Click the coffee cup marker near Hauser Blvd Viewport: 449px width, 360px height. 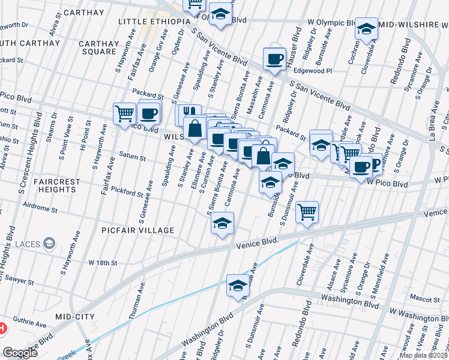(x=274, y=59)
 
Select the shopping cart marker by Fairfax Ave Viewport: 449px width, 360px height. (x=124, y=112)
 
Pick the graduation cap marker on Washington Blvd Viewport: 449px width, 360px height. (x=238, y=286)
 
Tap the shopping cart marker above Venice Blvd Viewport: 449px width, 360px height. (x=307, y=211)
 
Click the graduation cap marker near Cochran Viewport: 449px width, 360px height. (x=366, y=28)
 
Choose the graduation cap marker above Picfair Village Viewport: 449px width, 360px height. (x=222, y=224)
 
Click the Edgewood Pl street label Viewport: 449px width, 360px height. (x=312, y=71)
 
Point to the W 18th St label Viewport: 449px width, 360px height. (x=102, y=263)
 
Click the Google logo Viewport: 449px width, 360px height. (x=20, y=353)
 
